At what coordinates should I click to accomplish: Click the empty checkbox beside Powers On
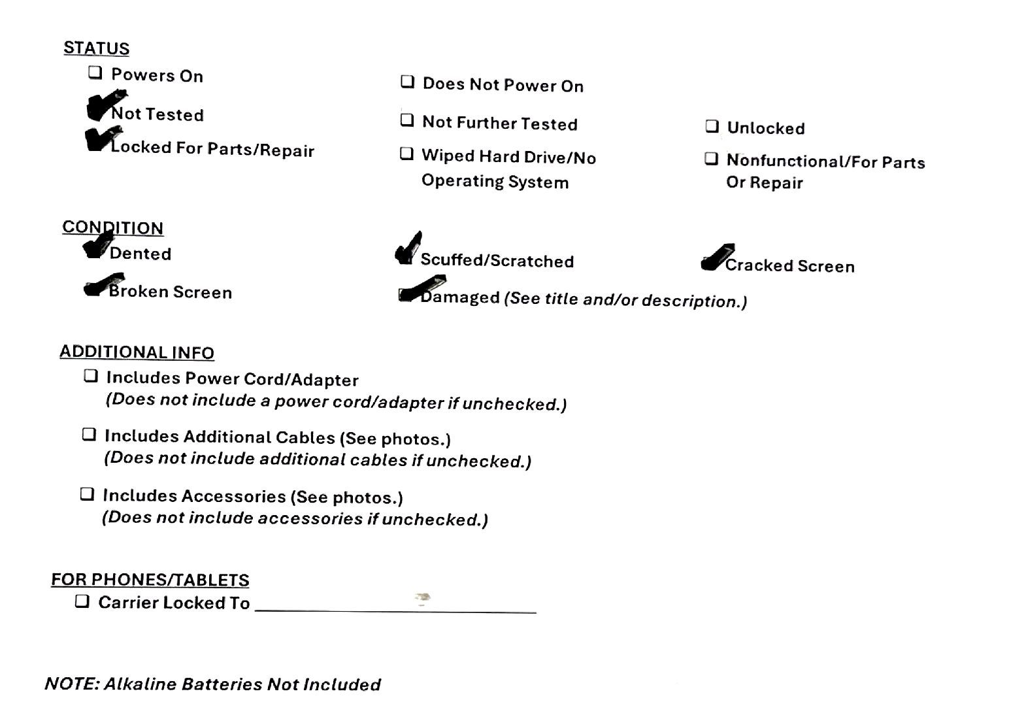(x=95, y=73)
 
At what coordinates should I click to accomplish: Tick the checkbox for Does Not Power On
(x=407, y=82)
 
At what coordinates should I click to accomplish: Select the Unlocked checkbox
(x=712, y=126)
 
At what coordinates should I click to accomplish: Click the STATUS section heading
(x=96, y=48)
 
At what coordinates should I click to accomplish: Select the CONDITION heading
(x=112, y=227)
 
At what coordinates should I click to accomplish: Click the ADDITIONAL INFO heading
(x=137, y=352)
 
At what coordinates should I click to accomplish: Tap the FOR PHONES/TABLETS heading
(x=150, y=580)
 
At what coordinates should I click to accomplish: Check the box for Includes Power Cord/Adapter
(x=91, y=376)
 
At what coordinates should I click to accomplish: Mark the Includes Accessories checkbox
(x=87, y=493)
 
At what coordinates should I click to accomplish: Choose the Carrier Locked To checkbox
(x=82, y=601)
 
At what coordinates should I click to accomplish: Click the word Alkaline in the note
(x=140, y=684)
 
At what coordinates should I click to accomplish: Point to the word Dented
(x=141, y=254)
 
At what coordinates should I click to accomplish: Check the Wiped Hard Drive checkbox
(x=406, y=154)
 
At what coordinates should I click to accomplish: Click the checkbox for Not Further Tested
(x=407, y=120)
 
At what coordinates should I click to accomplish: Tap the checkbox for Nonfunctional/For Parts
(x=711, y=159)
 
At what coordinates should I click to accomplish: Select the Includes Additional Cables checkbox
(x=89, y=435)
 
